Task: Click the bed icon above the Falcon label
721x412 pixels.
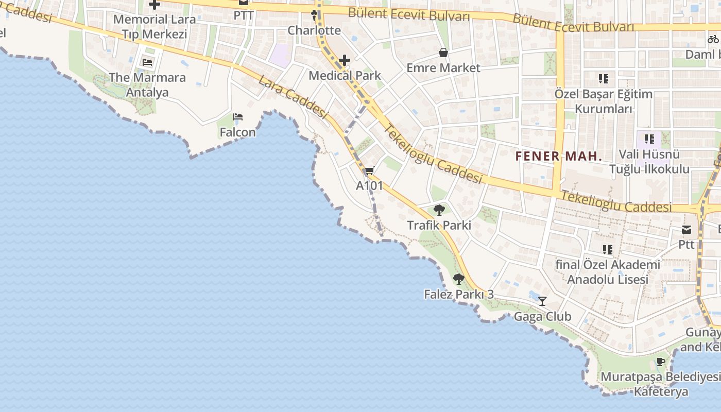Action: (x=238, y=117)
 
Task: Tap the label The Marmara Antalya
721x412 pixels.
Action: (x=147, y=85)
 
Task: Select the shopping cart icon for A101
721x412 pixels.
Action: (x=369, y=171)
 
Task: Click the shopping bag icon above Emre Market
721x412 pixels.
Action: (x=443, y=53)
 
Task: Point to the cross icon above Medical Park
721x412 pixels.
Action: (x=345, y=61)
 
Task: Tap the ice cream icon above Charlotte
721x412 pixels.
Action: (x=314, y=15)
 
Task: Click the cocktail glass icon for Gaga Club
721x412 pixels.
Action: (x=542, y=301)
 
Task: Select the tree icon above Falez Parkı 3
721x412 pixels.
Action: (x=458, y=279)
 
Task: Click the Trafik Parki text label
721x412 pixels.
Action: (x=439, y=225)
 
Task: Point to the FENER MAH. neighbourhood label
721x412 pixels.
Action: (x=559, y=156)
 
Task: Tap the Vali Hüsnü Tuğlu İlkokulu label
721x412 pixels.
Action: (x=649, y=161)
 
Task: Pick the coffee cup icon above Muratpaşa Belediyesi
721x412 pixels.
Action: (x=661, y=362)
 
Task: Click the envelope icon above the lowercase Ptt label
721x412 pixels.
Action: (x=686, y=230)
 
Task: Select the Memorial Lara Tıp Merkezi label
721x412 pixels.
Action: (x=154, y=27)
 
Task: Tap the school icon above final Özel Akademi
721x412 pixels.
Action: (x=608, y=250)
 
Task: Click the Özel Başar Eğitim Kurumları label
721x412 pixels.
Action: (x=603, y=101)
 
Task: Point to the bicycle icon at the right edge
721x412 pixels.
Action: (x=713, y=39)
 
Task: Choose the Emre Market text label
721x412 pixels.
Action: (x=443, y=68)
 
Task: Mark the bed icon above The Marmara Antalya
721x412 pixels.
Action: (x=147, y=63)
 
